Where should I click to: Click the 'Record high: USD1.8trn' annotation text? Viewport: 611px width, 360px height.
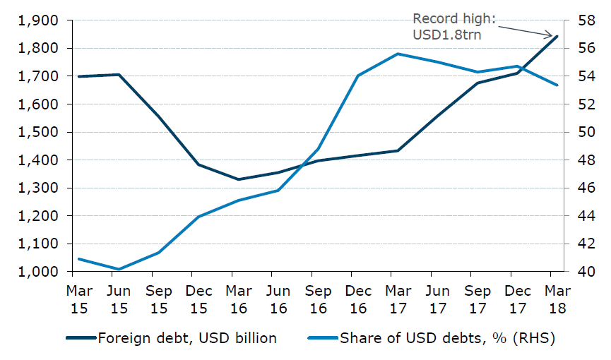click(447, 26)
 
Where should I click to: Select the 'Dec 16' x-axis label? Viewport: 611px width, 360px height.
click(358, 299)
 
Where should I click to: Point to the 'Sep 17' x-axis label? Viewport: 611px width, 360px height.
click(478, 299)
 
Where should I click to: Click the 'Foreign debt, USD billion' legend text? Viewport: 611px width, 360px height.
click(187, 338)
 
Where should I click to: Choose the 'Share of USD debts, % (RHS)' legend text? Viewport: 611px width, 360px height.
click(448, 338)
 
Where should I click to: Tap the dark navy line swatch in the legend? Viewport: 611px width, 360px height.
click(80, 339)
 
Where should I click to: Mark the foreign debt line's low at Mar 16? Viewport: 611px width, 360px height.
click(238, 179)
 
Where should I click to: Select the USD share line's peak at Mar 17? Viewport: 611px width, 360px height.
click(398, 54)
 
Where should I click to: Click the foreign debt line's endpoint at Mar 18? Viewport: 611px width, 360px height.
click(558, 36)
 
